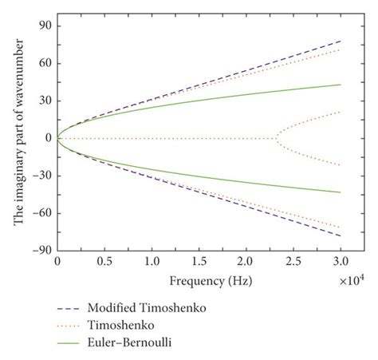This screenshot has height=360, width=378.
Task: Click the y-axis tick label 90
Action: (43, 26)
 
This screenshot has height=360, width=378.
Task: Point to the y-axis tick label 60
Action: (43, 64)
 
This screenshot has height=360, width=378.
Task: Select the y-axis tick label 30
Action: (43, 101)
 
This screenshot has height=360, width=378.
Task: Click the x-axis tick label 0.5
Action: (104, 262)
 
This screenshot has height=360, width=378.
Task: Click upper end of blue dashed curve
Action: (341, 41)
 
